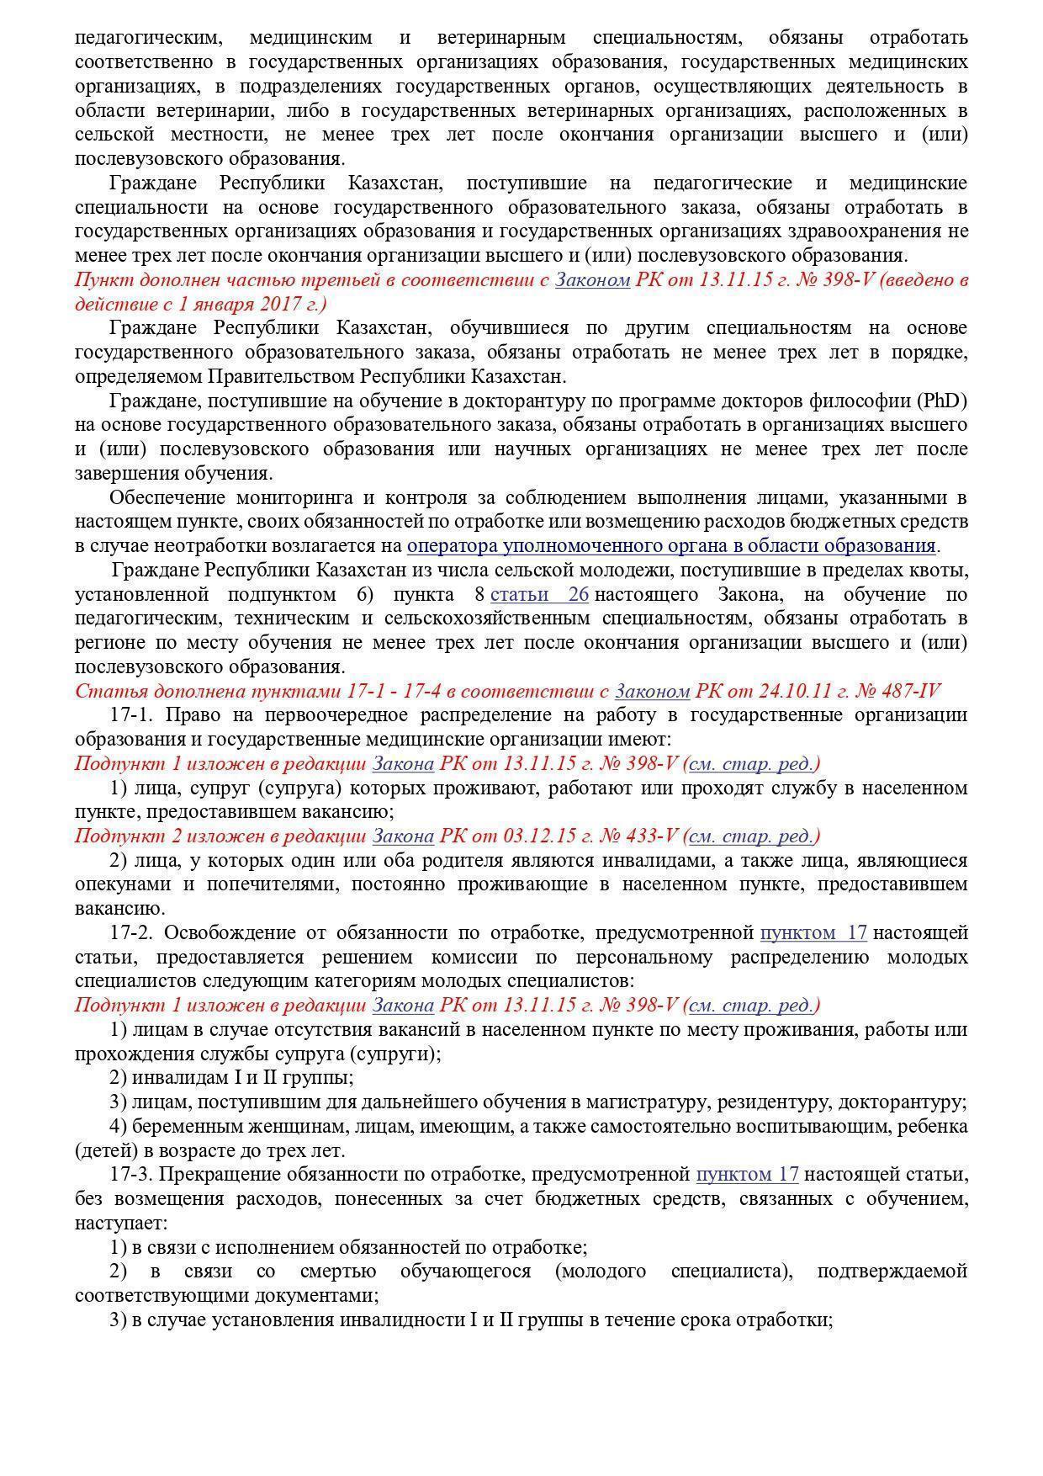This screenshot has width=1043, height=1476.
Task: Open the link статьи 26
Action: [539, 595]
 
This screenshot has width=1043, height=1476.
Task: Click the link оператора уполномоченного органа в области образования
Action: [670, 546]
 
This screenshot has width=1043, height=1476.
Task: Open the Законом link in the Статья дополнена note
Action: [652, 692]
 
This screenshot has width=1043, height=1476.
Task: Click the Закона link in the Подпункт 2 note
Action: [403, 836]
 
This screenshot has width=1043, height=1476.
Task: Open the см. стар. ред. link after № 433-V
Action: [751, 836]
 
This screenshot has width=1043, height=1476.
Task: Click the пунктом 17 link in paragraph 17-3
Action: [747, 1175]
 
